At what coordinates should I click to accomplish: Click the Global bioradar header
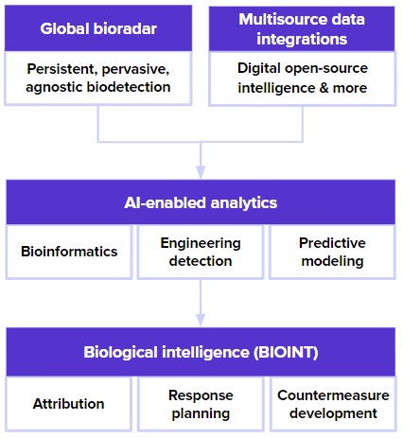[98, 27]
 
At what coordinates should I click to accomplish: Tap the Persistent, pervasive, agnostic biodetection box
[98, 78]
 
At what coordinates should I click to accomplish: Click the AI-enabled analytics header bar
[200, 201]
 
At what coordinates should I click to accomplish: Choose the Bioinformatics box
[69, 252]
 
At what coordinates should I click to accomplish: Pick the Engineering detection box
[200, 252]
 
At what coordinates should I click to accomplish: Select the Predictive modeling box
[331, 252]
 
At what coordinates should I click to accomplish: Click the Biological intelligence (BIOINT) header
[200, 353]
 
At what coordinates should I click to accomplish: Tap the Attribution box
[69, 404]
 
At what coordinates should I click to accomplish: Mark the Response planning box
[200, 404]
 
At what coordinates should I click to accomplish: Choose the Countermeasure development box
[331, 404]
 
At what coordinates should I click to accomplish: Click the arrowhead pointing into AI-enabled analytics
[201, 172]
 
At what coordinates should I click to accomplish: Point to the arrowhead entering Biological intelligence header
[201, 323]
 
